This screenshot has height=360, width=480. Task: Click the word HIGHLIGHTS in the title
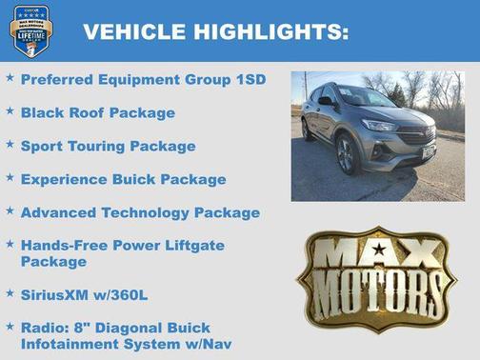[271, 31]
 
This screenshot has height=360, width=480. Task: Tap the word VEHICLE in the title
[134, 31]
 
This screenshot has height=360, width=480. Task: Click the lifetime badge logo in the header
[29, 30]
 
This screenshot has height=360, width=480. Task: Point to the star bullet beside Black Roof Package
[10, 111]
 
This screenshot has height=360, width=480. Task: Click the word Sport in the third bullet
[43, 146]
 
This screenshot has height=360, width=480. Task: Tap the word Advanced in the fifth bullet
[62, 212]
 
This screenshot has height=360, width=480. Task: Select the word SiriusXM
[60, 293]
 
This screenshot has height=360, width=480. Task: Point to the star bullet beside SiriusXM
[10, 292]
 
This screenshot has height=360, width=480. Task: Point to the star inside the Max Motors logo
[377, 251]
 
